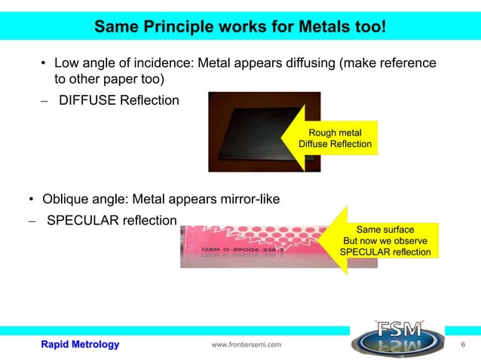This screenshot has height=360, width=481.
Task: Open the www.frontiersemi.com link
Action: (247, 345)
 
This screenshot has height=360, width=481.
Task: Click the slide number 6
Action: (462, 344)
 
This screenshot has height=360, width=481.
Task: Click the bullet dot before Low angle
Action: (44, 63)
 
